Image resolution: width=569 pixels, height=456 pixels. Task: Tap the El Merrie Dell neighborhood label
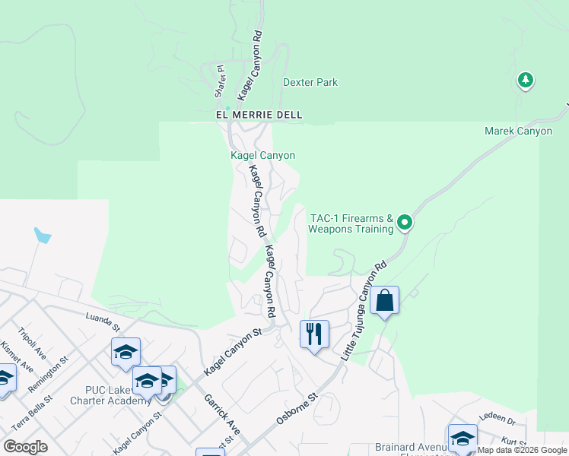(259, 115)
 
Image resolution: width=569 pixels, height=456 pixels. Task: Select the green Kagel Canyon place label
(262, 155)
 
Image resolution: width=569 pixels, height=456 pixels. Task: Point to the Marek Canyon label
(518, 131)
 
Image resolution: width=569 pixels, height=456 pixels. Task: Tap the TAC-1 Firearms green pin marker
(405, 223)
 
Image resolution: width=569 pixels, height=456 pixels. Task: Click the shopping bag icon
(385, 300)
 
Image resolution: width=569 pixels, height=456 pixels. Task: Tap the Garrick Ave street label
(221, 414)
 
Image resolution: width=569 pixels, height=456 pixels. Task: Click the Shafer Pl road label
(221, 81)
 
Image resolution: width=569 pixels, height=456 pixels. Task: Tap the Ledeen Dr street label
(497, 419)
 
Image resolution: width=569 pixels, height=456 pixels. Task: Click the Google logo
(25, 447)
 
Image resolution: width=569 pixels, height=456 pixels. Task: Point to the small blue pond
(43, 236)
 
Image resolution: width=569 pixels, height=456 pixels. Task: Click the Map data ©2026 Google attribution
(521, 450)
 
